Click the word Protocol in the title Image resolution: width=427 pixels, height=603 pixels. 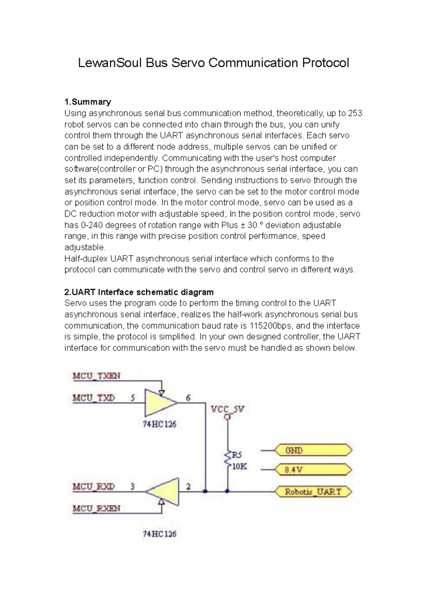coord(325,63)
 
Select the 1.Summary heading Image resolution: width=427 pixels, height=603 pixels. coord(88,102)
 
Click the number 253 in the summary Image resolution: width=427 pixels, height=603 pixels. coord(355,113)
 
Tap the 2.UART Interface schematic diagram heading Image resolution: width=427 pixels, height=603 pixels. coord(139,292)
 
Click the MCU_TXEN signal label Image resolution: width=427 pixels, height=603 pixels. coord(96,376)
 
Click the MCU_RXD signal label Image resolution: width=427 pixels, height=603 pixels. coord(94,486)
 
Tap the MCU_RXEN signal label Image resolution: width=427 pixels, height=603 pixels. coord(96,508)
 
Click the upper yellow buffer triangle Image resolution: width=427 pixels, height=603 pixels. coord(159,403)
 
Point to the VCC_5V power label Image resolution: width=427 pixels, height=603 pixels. coord(228,409)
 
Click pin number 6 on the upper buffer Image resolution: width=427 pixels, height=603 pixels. coord(188,397)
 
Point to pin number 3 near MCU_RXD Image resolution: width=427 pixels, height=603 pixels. coord(132,486)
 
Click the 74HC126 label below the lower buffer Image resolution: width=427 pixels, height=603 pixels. coord(159,534)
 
